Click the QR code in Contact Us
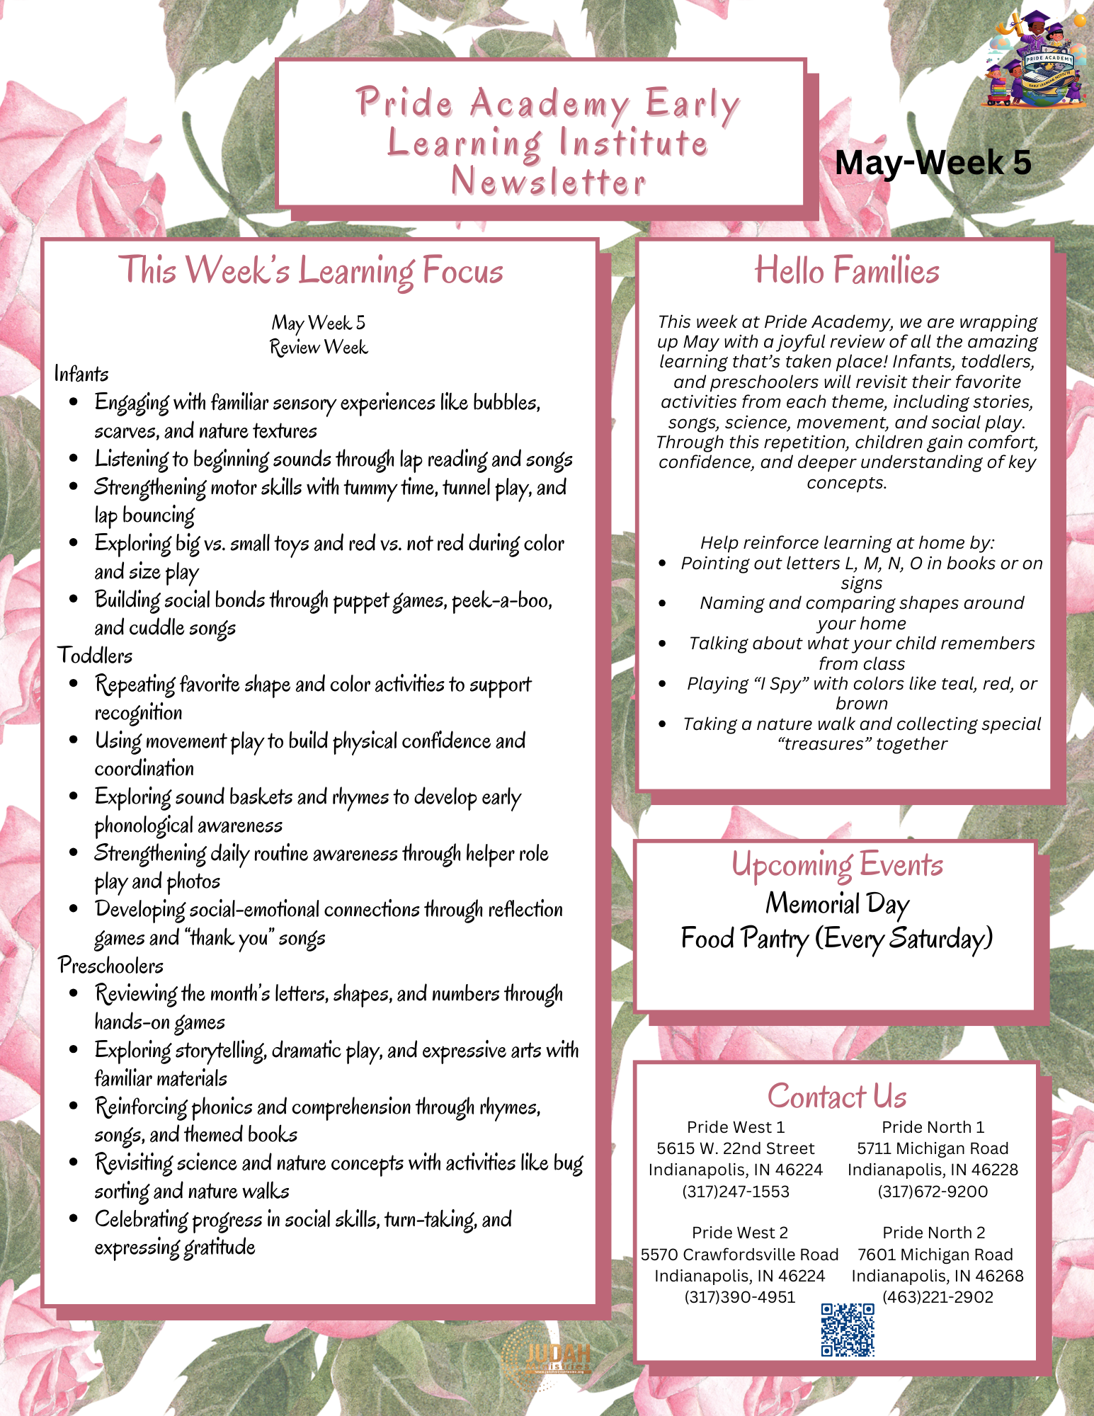848,1330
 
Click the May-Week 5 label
933,163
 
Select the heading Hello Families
847,270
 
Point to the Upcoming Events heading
837,864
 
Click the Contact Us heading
837,1096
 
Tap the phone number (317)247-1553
736,1192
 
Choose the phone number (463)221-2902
938,1297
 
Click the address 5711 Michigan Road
933,1148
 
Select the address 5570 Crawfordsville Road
739,1255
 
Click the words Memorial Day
837,903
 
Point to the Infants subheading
81,374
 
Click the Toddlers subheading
95,656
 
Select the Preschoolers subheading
111,966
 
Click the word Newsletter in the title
549,182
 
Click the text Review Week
319,348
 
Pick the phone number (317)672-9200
933,1192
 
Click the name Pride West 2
739,1233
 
